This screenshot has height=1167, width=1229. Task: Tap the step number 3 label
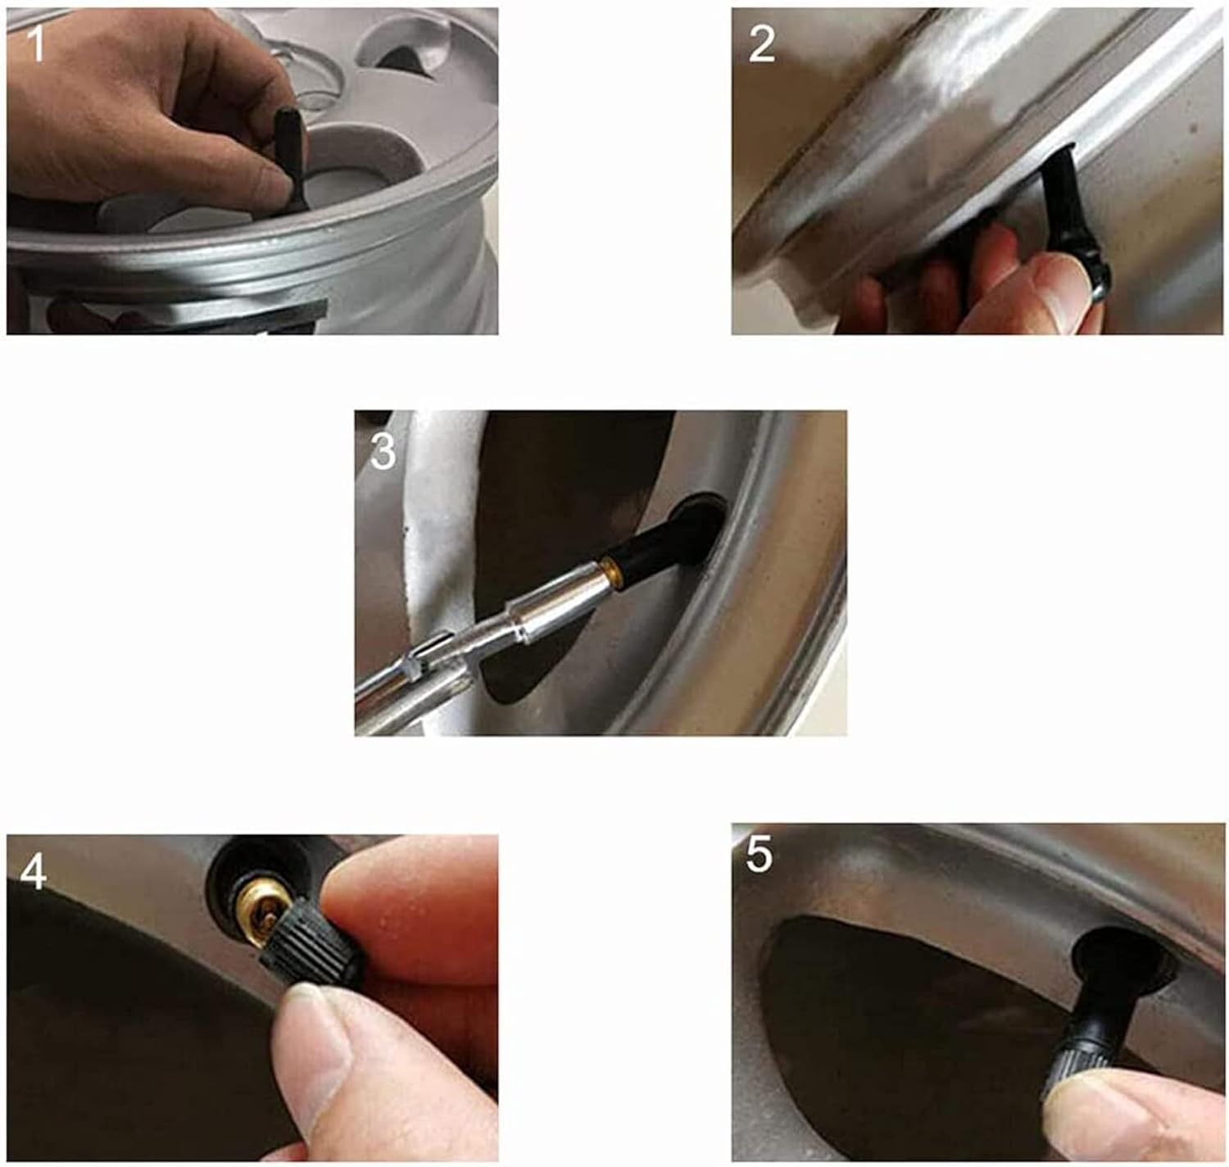[383, 452]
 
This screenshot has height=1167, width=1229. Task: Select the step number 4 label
[33, 873]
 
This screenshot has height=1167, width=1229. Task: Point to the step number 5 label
[759, 855]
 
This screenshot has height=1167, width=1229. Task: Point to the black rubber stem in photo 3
[664, 540]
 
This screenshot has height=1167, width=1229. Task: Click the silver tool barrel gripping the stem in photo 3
[556, 601]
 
